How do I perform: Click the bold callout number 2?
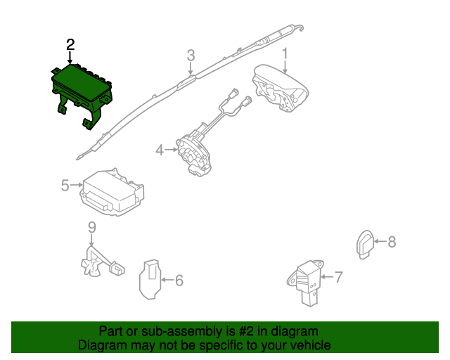pos(70,45)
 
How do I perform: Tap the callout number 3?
pos(191,56)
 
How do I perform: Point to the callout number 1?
pos(285,54)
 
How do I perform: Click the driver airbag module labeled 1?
pos(280,89)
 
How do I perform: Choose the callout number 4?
pos(160,150)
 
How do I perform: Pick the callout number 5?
pos(65,186)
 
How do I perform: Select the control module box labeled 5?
pos(112,193)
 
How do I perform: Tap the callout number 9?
pos(91,227)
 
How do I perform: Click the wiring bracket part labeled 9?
pos(102,263)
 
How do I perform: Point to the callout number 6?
pos(179,280)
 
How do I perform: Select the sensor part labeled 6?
pos(150,279)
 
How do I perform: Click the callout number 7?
pos(339,277)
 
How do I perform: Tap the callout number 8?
pos(392,242)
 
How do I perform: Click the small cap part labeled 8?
pos(365,244)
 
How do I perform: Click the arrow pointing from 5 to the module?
pos(77,185)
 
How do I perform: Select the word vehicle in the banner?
pos(312,345)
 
